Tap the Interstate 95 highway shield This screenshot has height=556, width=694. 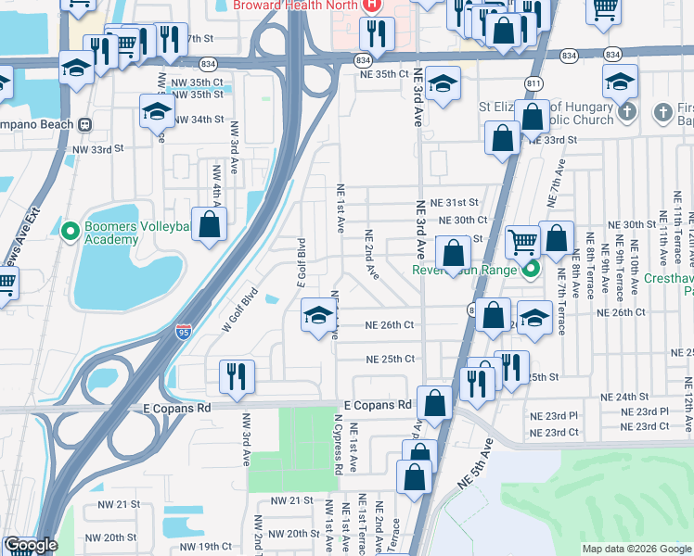tap(184, 330)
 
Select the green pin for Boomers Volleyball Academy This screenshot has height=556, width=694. tap(70, 230)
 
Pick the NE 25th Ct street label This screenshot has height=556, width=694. tap(390, 359)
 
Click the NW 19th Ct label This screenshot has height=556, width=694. tap(205, 546)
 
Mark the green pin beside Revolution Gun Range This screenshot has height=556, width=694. tap(531, 271)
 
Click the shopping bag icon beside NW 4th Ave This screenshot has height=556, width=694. tap(211, 224)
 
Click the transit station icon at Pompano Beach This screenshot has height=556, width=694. tap(84, 123)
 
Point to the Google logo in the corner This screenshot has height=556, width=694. tap(31, 546)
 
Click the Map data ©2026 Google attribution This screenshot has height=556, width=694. tap(636, 549)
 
